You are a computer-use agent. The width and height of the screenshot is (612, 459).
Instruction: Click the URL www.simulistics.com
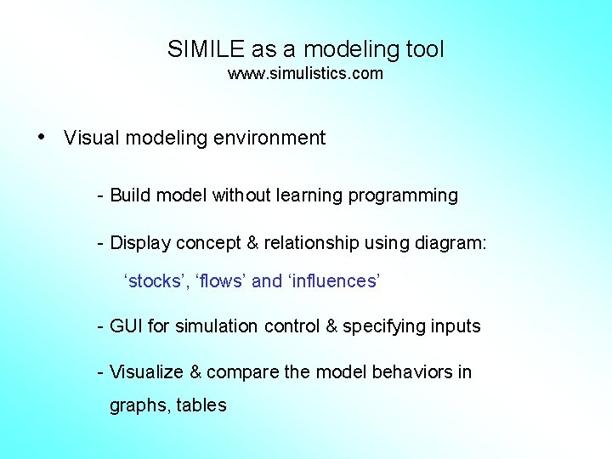[x=305, y=74]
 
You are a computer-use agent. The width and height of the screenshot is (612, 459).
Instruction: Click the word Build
[x=130, y=195]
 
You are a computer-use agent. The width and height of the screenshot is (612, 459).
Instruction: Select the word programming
[x=408, y=196]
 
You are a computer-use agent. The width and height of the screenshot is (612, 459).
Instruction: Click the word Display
[x=140, y=243]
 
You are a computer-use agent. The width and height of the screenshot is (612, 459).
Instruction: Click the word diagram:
[x=450, y=244]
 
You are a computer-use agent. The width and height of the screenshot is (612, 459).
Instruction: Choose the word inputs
[x=456, y=327]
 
